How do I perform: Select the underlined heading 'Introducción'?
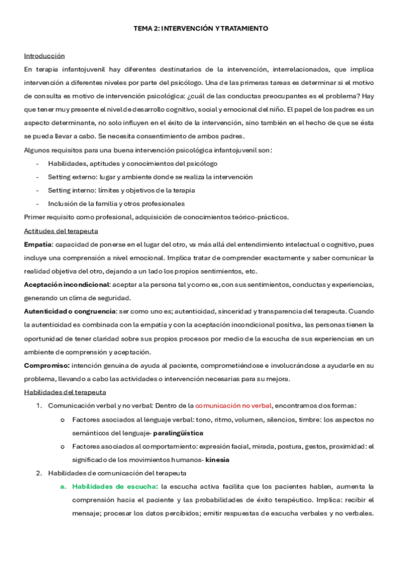point(45,55)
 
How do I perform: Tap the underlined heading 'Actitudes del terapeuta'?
point(61,230)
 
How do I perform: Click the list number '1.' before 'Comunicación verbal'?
point(40,406)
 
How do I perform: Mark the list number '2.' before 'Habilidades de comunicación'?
point(39,473)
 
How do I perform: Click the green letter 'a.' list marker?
point(64,487)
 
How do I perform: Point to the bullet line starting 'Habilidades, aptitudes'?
point(132,163)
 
